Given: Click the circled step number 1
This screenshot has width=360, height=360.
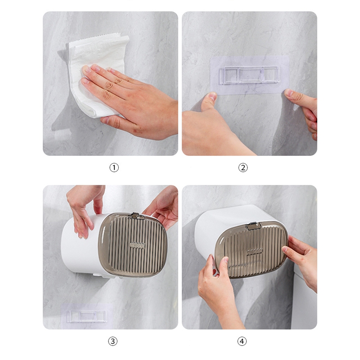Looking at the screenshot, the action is click(114, 167).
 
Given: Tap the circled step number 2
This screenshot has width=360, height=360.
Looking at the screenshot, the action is click(243, 167).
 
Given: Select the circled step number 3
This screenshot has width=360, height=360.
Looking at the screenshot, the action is click(113, 341).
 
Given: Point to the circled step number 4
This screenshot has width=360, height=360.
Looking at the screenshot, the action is click(242, 341).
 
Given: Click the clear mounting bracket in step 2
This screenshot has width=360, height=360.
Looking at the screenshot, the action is click(249, 75).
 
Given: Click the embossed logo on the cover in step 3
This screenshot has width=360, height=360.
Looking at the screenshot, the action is click(137, 245).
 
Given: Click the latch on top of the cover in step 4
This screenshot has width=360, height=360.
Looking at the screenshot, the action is click(253, 226).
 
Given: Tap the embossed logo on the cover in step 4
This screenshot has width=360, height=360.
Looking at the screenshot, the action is click(255, 252).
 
